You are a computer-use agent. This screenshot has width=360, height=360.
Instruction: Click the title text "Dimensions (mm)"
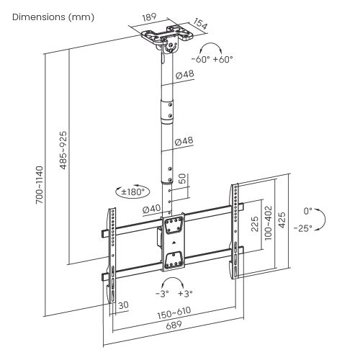[53, 17]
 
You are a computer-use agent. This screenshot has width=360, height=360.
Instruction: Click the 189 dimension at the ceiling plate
[149, 17]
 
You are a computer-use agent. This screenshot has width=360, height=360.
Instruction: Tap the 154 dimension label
[200, 24]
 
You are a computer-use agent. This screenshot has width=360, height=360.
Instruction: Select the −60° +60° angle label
[212, 59]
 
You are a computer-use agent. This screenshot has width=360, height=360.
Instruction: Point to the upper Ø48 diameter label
[184, 75]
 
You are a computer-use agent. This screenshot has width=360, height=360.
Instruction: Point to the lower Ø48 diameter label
[184, 141]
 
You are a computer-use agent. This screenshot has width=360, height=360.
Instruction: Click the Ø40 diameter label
[152, 209]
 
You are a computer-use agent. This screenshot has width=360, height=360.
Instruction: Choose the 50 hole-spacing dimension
[183, 179]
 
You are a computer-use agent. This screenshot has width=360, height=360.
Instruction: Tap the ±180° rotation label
[132, 192]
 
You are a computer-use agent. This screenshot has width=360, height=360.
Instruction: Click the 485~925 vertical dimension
[63, 150]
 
